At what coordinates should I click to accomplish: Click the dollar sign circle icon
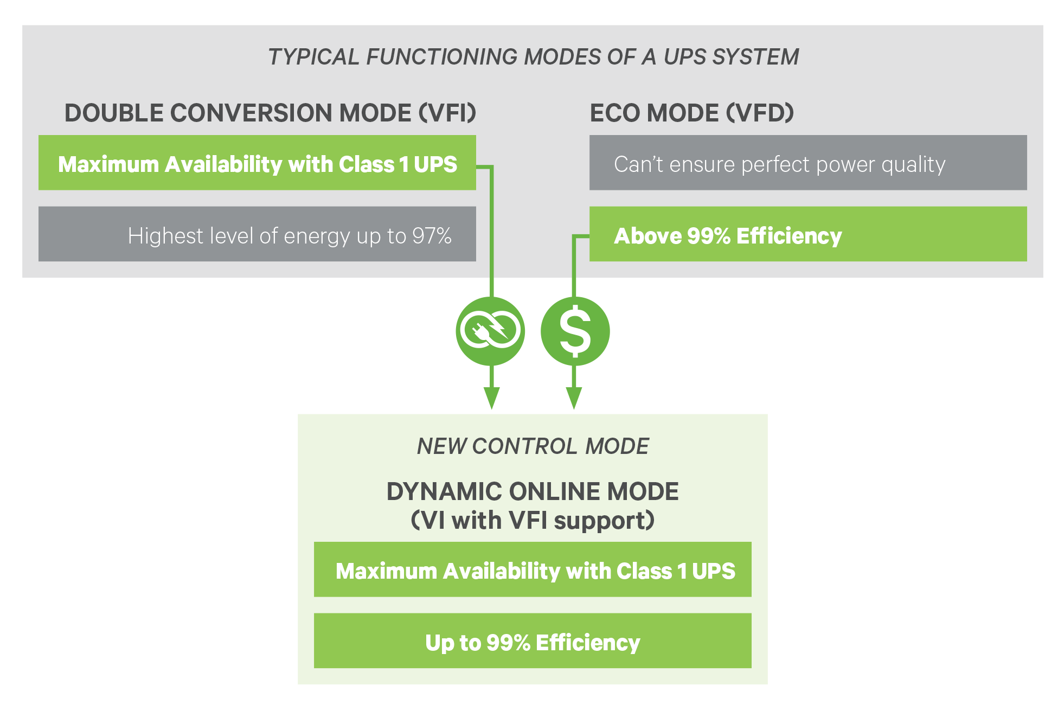pyautogui.click(x=575, y=331)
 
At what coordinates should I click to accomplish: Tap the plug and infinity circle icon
pyautogui.click(x=490, y=331)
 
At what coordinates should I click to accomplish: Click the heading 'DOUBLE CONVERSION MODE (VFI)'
pyautogui.click(x=270, y=113)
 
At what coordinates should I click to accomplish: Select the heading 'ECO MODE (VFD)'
pyautogui.click(x=691, y=113)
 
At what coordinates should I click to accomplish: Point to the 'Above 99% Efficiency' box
pyautogui.click(x=808, y=234)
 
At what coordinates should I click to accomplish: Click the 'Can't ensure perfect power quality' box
pyautogui.click(x=808, y=163)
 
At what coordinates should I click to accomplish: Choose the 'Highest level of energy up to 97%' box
pyautogui.click(x=257, y=234)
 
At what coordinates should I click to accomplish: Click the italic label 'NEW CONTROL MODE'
pyautogui.click(x=533, y=446)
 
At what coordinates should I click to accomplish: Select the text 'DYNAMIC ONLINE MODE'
pyautogui.click(x=533, y=491)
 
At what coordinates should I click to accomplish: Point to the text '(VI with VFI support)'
pyautogui.click(x=533, y=520)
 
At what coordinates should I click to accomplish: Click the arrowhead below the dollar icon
pyautogui.click(x=574, y=399)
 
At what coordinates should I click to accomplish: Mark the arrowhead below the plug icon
pyautogui.click(x=491, y=399)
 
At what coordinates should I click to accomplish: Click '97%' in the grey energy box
pyautogui.click(x=432, y=236)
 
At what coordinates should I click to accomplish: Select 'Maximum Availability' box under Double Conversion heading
pyautogui.click(x=257, y=163)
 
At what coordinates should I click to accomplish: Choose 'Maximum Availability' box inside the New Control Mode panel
pyautogui.click(x=533, y=569)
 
